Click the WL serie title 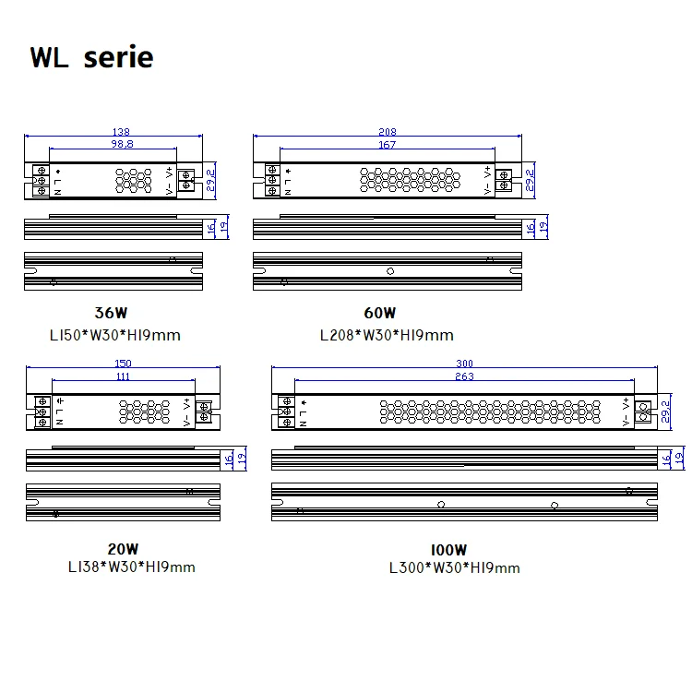click(x=91, y=57)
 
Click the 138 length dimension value click(x=121, y=132)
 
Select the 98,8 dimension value click(x=122, y=144)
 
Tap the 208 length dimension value click(x=387, y=132)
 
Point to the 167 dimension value click(x=387, y=144)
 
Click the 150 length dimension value click(x=123, y=363)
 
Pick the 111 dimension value click(x=123, y=376)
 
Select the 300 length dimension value click(x=464, y=363)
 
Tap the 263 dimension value click(x=464, y=376)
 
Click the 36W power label click(x=111, y=313)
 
